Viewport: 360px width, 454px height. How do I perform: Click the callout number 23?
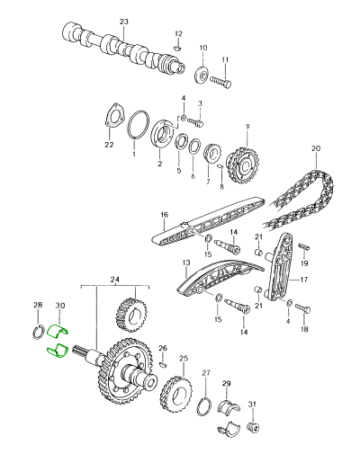(x=124, y=21)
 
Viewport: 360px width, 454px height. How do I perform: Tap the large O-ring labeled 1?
(x=136, y=127)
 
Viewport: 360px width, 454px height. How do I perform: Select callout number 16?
(x=165, y=216)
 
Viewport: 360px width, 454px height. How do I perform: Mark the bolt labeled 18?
(x=303, y=308)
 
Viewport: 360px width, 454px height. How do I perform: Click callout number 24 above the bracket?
(x=113, y=280)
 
